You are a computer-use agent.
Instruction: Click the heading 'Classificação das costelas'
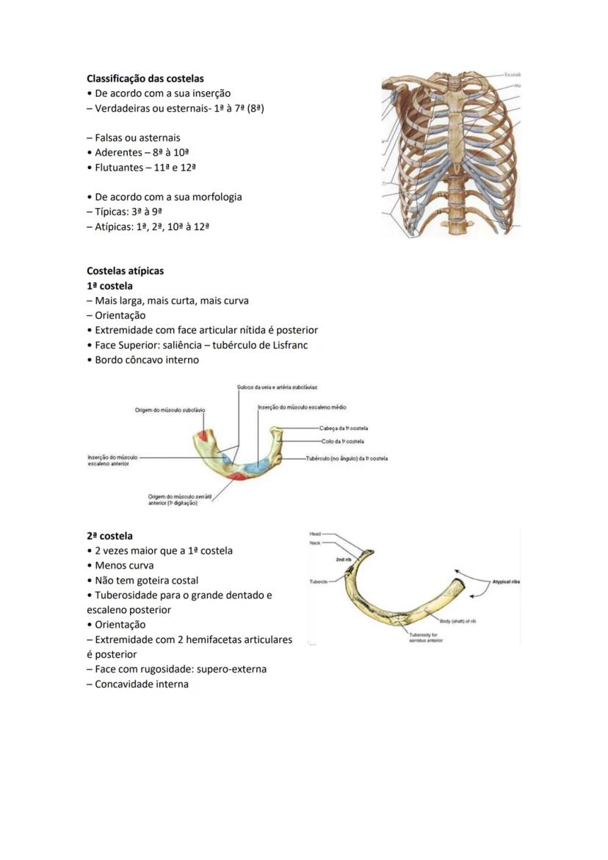pyautogui.click(x=145, y=78)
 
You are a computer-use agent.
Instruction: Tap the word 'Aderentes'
pyautogui.click(x=118, y=152)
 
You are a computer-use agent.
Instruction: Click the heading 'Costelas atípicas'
pyautogui.click(x=125, y=270)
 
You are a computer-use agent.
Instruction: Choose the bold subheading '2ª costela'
pyautogui.click(x=109, y=536)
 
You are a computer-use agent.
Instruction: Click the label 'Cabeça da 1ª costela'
pyautogui.click(x=344, y=428)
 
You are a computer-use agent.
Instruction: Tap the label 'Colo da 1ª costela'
pyautogui.click(x=342, y=441)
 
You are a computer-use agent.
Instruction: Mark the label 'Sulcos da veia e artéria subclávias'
pyautogui.click(x=277, y=387)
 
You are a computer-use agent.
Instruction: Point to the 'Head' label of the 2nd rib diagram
pyautogui.click(x=315, y=534)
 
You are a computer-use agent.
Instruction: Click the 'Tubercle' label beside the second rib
pyautogui.click(x=318, y=580)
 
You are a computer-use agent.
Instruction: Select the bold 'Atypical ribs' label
pyautogui.click(x=506, y=581)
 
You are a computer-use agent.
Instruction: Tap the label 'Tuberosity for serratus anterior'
pyautogui.click(x=425, y=637)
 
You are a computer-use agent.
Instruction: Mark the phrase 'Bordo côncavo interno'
pyautogui.click(x=147, y=359)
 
